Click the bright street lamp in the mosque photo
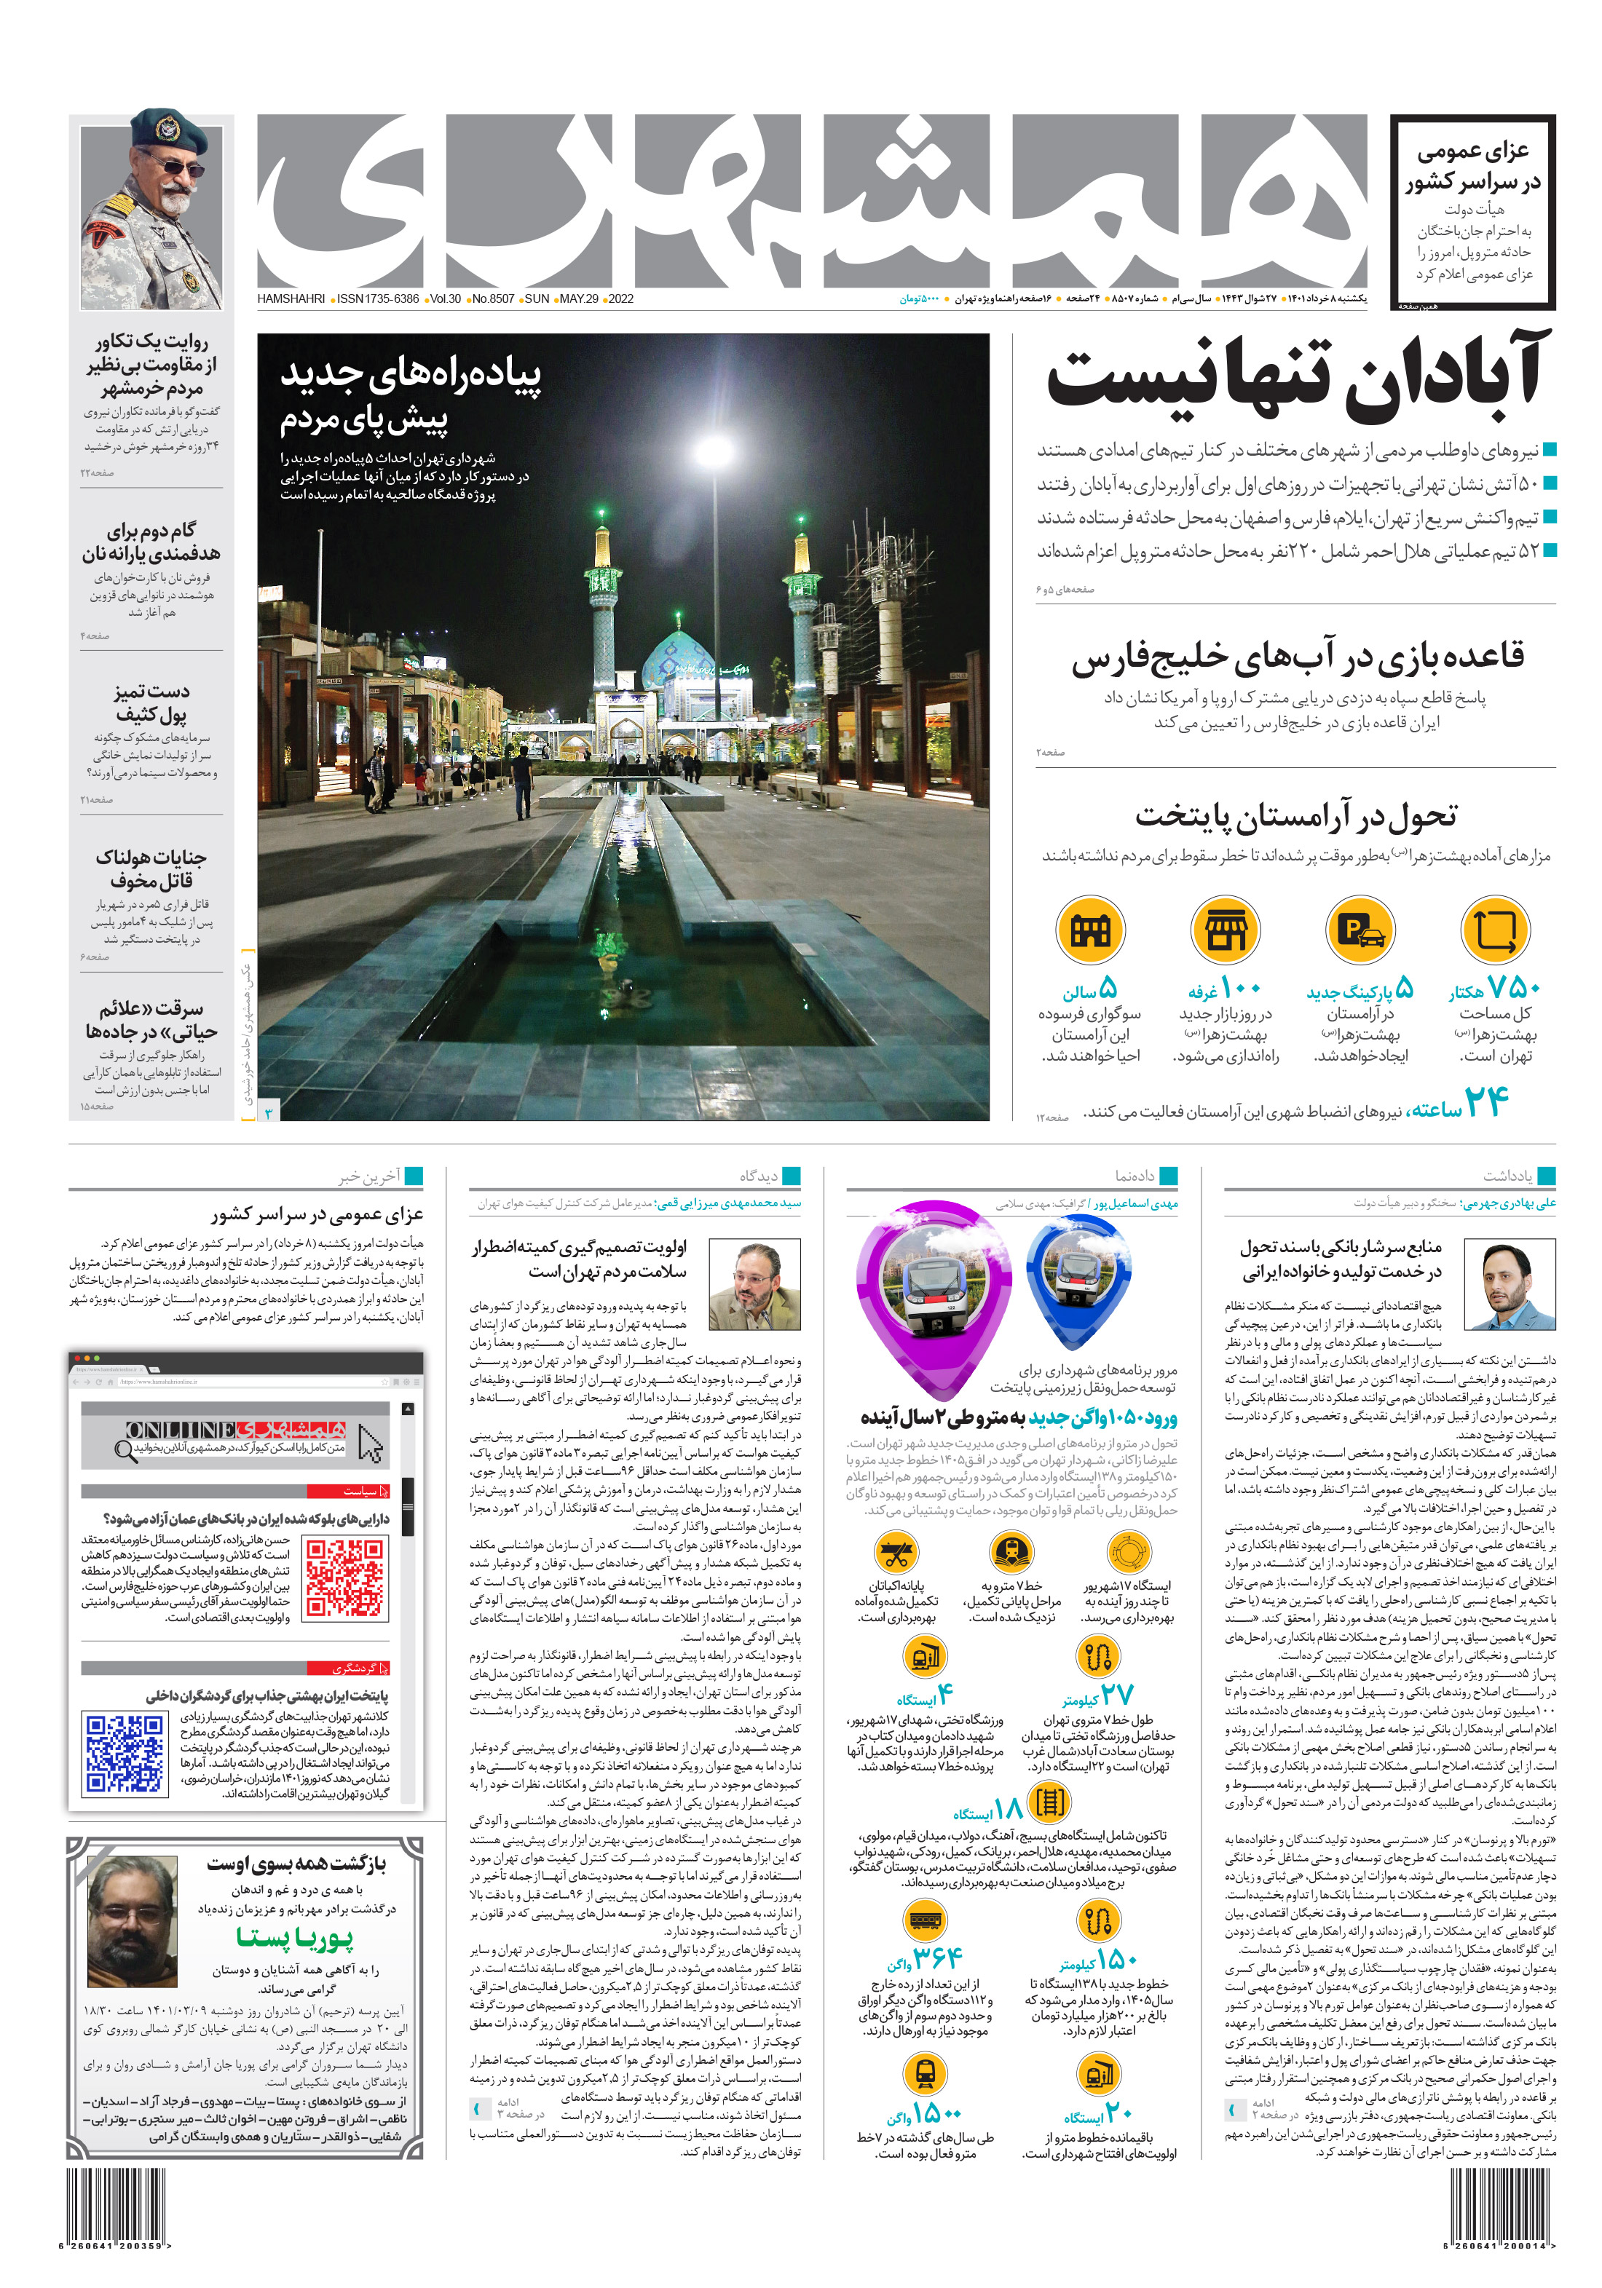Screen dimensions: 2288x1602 pos(711,451)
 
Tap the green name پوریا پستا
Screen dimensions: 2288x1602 pos(294,1937)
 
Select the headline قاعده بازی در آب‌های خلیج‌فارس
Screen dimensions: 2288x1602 pos(1298,657)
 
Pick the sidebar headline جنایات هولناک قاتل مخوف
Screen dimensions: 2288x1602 pos(151,868)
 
